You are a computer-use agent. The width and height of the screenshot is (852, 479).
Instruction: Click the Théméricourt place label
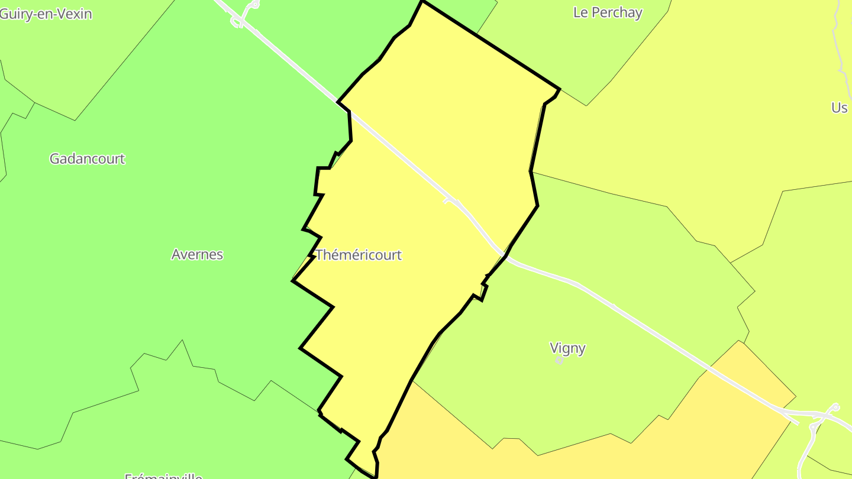tap(359, 255)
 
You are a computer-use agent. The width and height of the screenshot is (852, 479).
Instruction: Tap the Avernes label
tap(197, 254)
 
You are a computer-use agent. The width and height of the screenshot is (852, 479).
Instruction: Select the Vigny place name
tap(567, 348)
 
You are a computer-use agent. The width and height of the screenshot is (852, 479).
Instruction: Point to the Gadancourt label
tap(88, 158)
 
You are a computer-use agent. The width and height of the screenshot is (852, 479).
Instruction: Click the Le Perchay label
tap(608, 12)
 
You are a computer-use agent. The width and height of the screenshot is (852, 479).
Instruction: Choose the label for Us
tap(839, 108)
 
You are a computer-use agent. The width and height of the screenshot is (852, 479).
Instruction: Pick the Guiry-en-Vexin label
tap(46, 14)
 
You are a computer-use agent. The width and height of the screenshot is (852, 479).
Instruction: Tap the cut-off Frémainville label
tap(164, 475)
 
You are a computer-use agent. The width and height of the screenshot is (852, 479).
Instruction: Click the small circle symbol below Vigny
tap(559, 360)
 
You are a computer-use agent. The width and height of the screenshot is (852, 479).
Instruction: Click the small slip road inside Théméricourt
tap(452, 202)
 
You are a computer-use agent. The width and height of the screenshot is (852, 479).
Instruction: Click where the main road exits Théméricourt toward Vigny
tap(504, 255)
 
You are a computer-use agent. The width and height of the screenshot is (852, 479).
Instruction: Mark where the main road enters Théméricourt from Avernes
tap(350, 113)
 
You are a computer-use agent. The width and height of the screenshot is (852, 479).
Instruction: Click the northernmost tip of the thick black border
tap(422, 2)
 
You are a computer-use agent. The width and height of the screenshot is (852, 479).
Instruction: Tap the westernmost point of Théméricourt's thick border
tap(293, 281)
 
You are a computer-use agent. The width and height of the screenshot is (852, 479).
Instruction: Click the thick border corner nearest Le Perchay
tap(559, 89)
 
